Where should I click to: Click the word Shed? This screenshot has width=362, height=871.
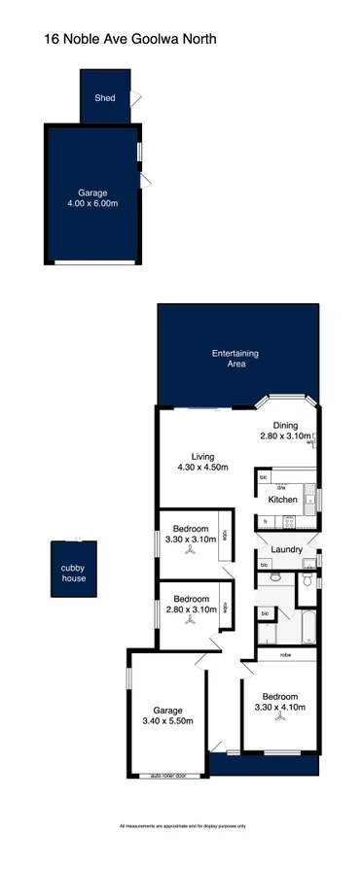[x=104, y=98]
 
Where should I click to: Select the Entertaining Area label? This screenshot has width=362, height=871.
[x=235, y=359]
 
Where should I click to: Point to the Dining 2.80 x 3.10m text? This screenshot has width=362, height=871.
[x=285, y=432]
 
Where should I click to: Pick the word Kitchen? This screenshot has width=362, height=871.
[x=282, y=500]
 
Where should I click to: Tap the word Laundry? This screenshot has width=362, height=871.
[x=287, y=550]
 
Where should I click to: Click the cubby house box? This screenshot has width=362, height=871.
[x=74, y=573]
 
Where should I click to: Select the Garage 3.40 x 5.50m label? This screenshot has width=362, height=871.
[x=167, y=716]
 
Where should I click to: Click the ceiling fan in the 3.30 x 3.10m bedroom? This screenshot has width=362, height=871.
[x=192, y=551]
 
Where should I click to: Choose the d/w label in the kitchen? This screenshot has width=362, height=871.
[x=280, y=487]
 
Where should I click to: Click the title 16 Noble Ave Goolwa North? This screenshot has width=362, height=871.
[x=129, y=40]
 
